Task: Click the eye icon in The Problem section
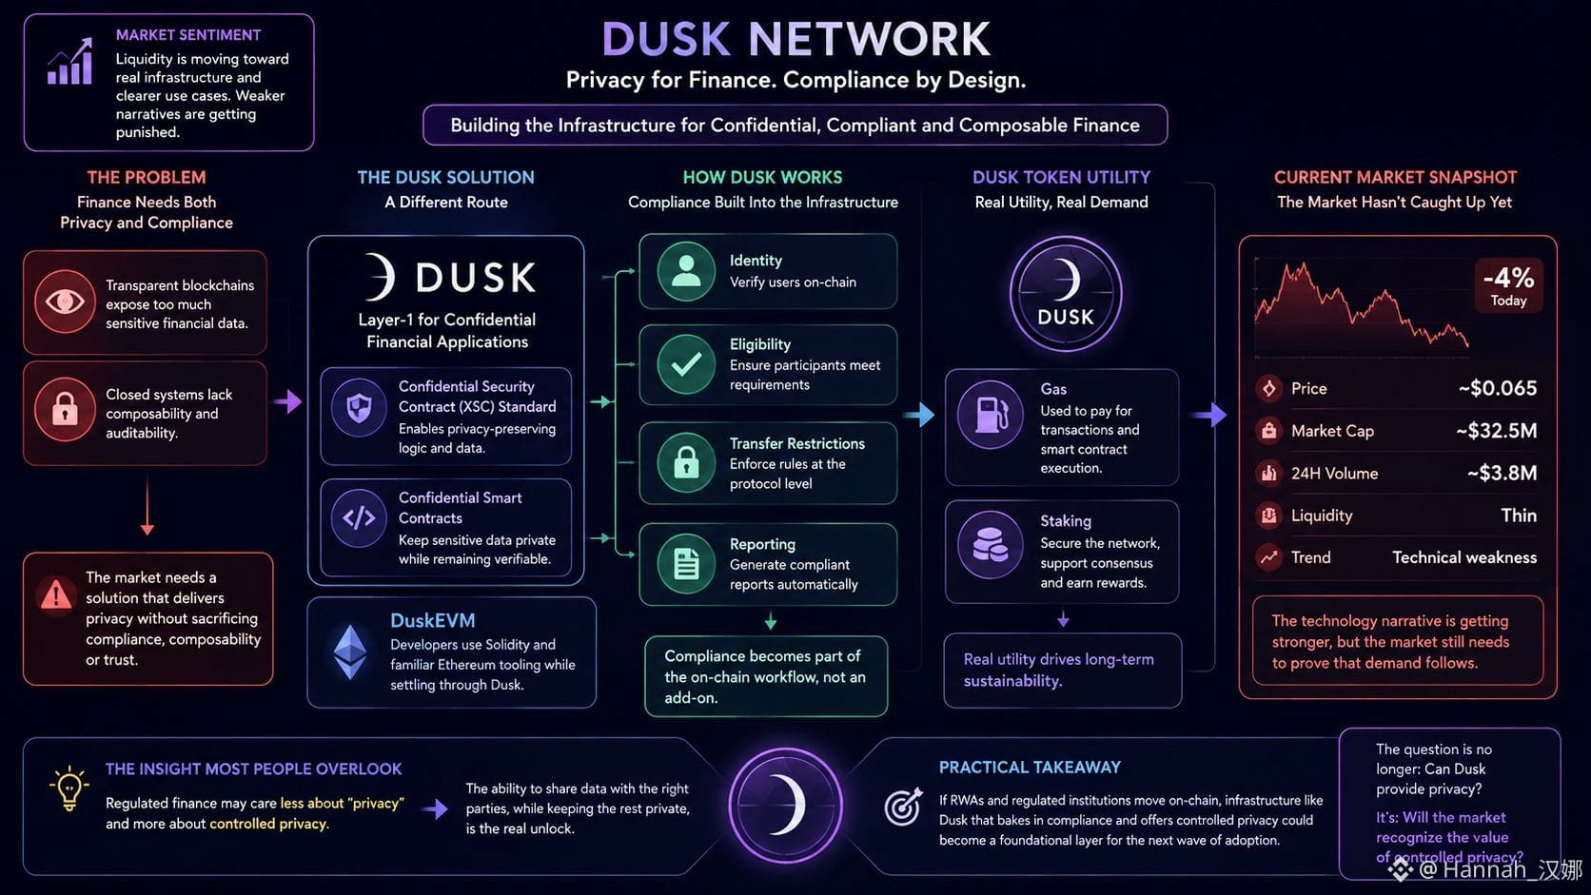(65, 302)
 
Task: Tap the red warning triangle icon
(56, 594)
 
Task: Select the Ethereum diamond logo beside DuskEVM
(350, 652)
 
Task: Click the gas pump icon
(992, 416)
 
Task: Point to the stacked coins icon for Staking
(991, 545)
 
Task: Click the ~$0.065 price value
(1497, 388)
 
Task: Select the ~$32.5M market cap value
(1496, 431)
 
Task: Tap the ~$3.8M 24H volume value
(1502, 473)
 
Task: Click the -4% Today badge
(1508, 285)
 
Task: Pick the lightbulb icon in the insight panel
(69, 788)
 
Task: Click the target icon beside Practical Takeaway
(903, 807)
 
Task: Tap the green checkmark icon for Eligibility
(686, 364)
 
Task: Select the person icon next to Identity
(686, 271)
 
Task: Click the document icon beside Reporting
(686, 564)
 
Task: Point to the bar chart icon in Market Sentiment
(69, 62)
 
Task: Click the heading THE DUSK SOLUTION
(445, 178)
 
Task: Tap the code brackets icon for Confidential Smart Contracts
(359, 518)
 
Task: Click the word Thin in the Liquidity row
(1519, 516)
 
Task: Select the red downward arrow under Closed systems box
(147, 505)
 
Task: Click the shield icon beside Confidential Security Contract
(359, 409)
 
